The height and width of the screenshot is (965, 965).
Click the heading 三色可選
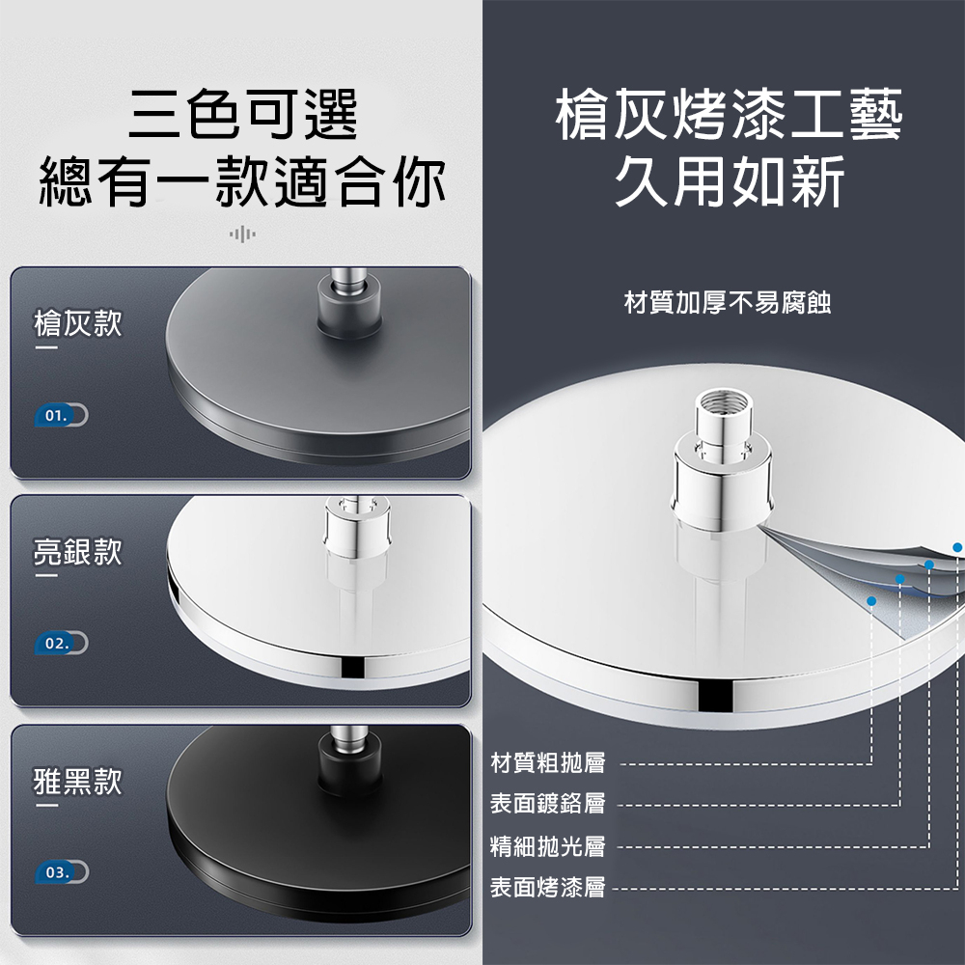tap(242, 115)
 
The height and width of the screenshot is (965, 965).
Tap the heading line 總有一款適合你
tap(242, 181)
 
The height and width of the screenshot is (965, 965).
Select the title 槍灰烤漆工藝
tap(729, 115)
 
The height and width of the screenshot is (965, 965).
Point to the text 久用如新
tap(730, 181)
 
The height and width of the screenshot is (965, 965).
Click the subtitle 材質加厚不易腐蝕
tap(728, 303)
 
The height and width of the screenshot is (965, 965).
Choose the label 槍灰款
tap(77, 323)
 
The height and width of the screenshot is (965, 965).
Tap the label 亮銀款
tap(77, 551)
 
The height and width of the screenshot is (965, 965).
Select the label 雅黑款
tap(77, 782)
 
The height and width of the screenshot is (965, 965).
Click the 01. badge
tap(62, 415)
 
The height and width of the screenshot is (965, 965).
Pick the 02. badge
tap(62, 643)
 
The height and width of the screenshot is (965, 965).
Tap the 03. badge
tap(62, 872)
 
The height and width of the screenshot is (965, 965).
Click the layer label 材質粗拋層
tap(548, 762)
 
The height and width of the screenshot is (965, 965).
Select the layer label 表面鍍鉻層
tap(548, 803)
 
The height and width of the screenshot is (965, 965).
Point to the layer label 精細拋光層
tap(548, 846)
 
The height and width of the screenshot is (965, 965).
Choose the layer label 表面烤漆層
tap(548, 887)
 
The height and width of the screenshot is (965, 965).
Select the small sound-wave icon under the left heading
tap(242, 234)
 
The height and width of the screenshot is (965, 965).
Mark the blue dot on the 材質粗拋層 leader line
tap(870, 600)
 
